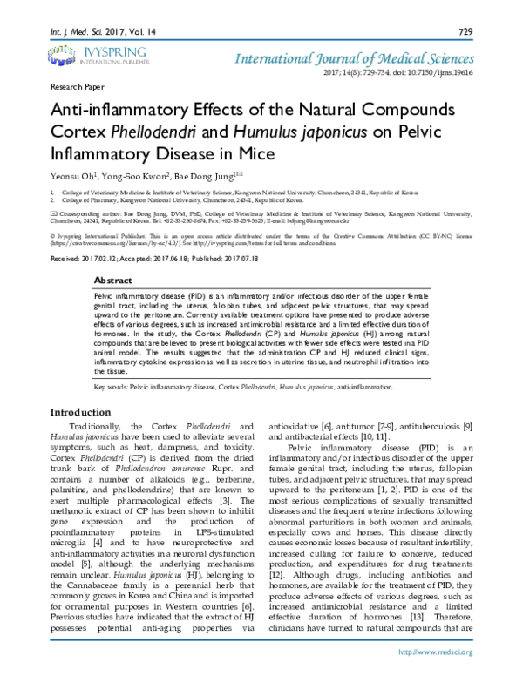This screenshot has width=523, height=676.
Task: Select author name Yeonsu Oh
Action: tap(70, 174)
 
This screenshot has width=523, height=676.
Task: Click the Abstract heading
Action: tap(112, 281)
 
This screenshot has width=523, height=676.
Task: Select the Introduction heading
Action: tap(80, 412)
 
